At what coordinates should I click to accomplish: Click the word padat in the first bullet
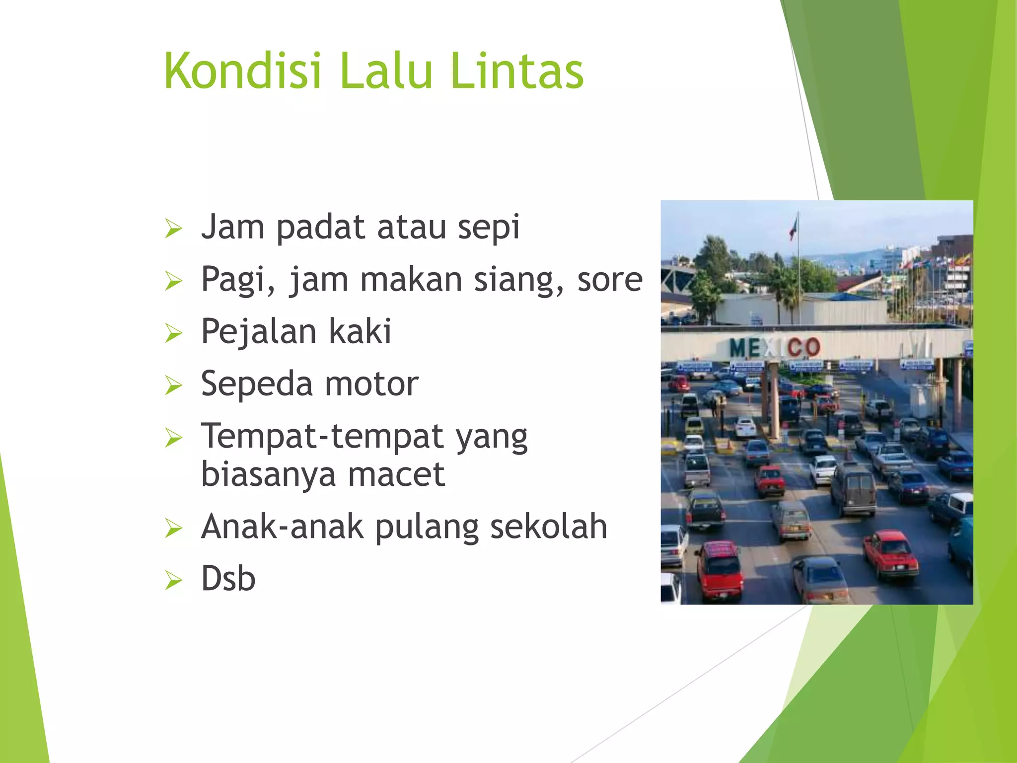click(x=321, y=228)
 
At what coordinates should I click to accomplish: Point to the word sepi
click(x=488, y=228)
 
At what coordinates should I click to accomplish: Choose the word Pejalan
click(x=258, y=332)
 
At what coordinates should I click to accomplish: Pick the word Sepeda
click(x=256, y=384)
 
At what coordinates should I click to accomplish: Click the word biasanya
click(x=268, y=475)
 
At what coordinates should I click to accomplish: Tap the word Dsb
click(x=228, y=579)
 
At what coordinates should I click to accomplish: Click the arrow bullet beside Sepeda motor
click(x=174, y=385)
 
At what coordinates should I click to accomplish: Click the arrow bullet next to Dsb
click(x=174, y=580)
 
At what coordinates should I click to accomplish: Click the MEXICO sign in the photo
click(x=775, y=347)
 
